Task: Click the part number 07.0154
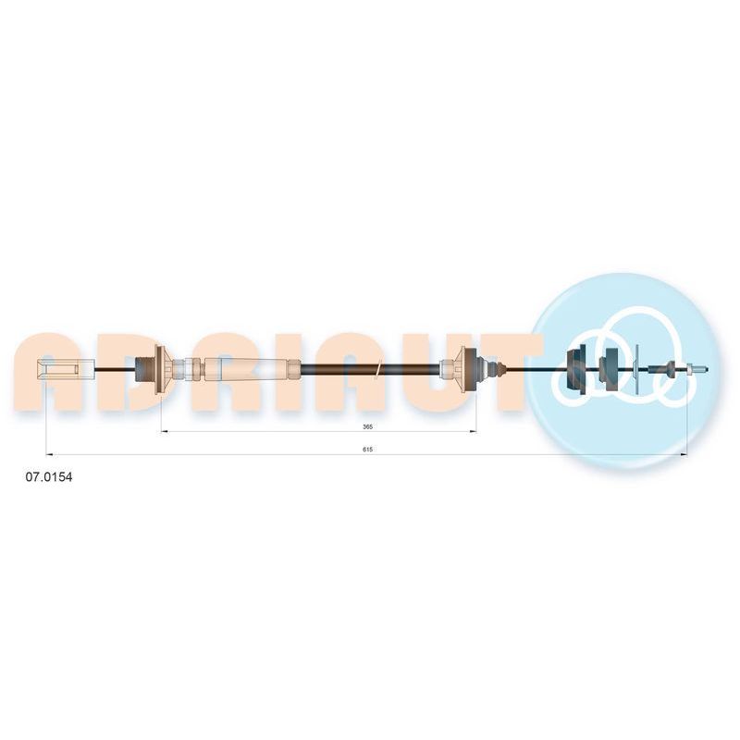coord(49,477)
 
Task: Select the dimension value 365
coord(367,426)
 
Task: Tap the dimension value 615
coord(367,450)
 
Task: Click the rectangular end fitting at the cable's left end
coord(66,369)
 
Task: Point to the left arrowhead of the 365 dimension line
coord(164,431)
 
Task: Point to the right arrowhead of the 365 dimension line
coord(473,431)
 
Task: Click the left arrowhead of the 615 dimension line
coord(49,455)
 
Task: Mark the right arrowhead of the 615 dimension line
coord(684,455)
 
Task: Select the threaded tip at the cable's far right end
coord(697,369)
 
